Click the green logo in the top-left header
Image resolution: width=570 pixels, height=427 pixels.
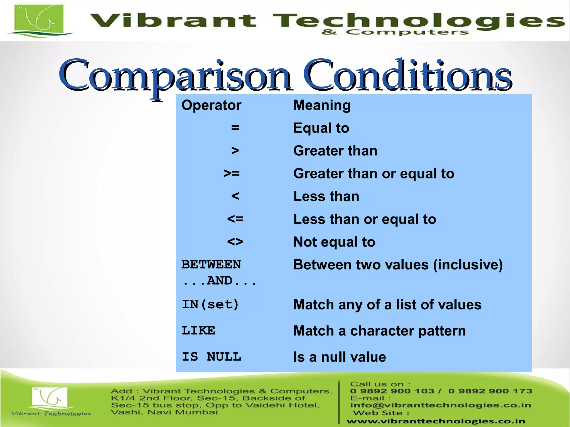click(x=39, y=20)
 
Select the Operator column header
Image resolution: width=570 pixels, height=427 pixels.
click(x=211, y=105)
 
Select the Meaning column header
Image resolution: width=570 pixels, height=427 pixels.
click(x=322, y=105)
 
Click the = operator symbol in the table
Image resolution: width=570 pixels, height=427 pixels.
click(x=235, y=128)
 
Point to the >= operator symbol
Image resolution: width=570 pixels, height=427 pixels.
click(x=232, y=173)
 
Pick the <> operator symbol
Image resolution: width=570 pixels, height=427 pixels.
click(x=235, y=242)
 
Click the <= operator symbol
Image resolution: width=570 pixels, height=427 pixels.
click(x=235, y=219)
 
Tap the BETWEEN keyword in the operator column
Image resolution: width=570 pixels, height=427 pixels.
click(x=211, y=264)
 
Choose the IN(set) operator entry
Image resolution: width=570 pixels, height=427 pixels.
click(x=210, y=304)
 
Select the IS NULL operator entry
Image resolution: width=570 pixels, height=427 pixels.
click(x=211, y=357)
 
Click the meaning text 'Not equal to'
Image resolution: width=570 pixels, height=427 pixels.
click(x=334, y=242)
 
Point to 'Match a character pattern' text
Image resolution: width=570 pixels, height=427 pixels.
click(x=379, y=331)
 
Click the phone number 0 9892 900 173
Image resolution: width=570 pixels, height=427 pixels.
click(x=490, y=391)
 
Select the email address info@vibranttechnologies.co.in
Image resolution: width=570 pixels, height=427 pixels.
click(x=441, y=405)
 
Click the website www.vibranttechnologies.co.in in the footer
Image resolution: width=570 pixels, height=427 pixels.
click(x=436, y=421)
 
